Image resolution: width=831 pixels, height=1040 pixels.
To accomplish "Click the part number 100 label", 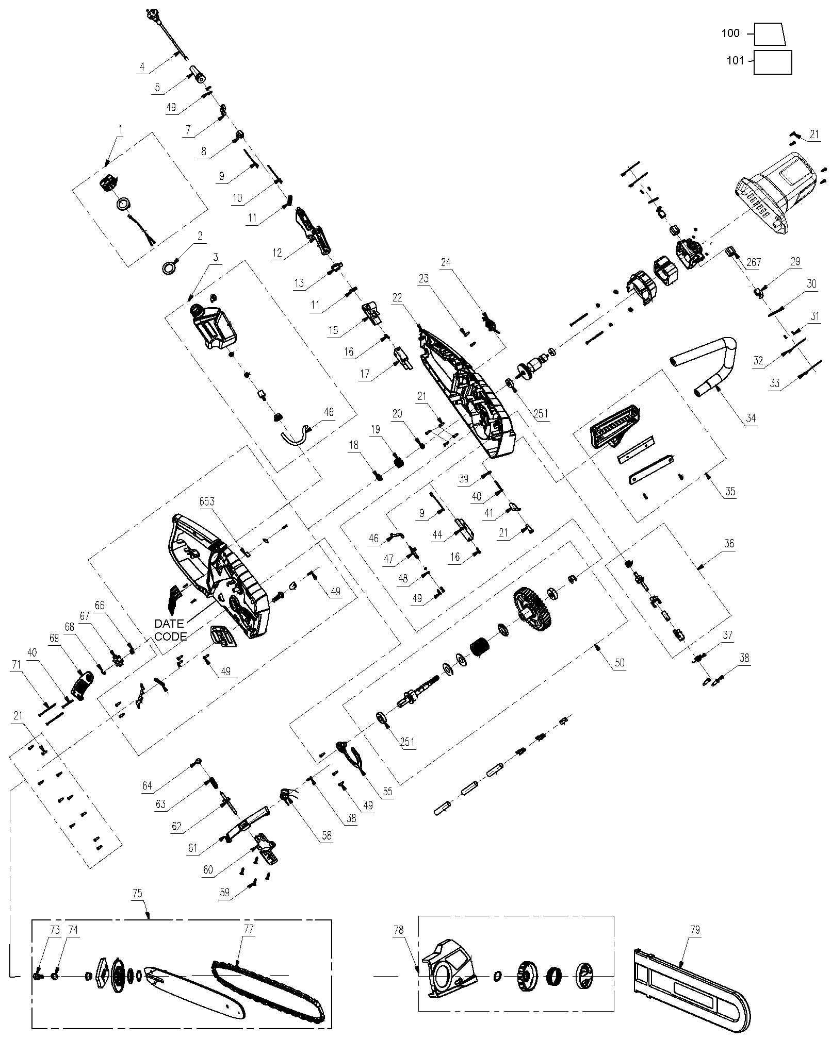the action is click(x=730, y=33).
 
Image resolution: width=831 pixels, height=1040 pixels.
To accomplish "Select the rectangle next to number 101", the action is click(x=772, y=62).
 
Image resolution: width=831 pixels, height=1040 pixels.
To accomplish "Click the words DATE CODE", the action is click(x=170, y=630).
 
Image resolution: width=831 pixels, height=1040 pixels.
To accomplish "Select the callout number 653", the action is click(x=207, y=501).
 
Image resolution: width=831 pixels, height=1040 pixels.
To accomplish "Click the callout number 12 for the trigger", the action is click(x=277, y=253).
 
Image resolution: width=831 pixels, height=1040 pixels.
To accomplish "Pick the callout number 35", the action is click(x=730, y=491).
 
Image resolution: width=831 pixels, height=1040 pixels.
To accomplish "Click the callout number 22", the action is click(x=397, y=297).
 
